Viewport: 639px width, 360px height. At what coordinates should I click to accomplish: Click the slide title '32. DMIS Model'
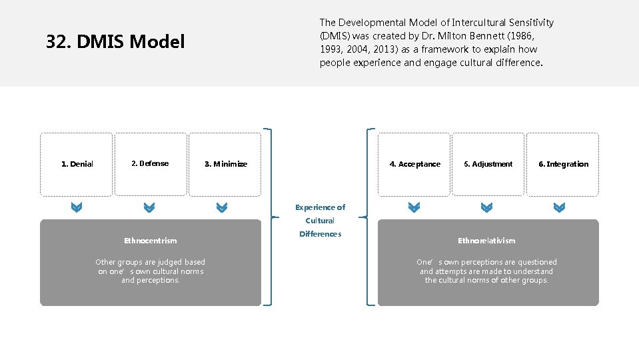115,43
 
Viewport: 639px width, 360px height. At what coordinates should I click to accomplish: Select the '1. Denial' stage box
77,164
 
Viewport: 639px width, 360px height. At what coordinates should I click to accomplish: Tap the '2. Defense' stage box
151,164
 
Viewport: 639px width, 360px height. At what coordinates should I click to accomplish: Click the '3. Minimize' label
225,164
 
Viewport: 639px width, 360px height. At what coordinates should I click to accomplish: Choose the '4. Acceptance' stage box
414,164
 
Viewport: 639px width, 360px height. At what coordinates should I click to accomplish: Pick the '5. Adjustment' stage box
488,164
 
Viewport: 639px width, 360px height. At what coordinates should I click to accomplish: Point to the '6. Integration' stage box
563,164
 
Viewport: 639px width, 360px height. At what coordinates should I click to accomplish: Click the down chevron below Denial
77,208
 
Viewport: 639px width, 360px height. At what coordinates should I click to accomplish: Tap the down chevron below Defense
149,208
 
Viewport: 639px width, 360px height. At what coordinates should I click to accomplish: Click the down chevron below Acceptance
414,208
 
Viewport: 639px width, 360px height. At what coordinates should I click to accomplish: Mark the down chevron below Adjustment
487,208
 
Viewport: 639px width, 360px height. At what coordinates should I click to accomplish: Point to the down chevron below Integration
560,208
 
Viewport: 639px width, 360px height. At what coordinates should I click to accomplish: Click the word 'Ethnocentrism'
150,241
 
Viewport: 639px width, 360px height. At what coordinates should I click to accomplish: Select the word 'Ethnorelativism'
486,241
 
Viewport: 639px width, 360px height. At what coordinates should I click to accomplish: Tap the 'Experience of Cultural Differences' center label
320,221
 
